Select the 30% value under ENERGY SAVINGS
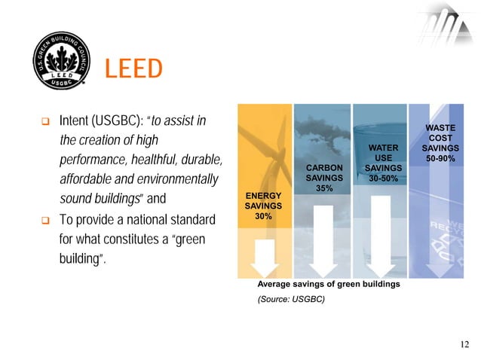(263, 216)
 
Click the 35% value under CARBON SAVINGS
(324, 188)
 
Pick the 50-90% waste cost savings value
(440, 160)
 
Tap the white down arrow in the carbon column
(324, 241)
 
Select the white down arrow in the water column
(381, 233)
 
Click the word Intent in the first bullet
(73, 121)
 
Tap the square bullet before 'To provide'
(44, 222)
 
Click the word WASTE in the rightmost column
(440, 130)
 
